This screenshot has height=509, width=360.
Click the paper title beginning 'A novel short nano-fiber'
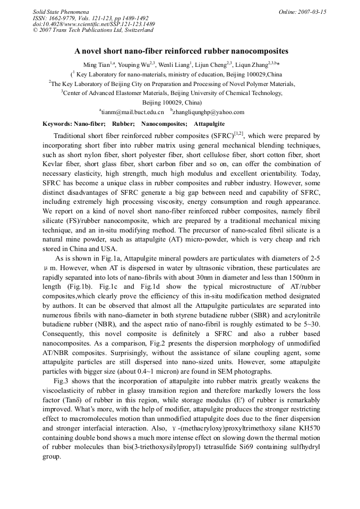181,51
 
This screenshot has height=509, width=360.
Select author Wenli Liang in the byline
173,65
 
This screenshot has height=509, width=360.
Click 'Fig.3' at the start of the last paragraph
62,381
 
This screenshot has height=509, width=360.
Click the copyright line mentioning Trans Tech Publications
93,30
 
